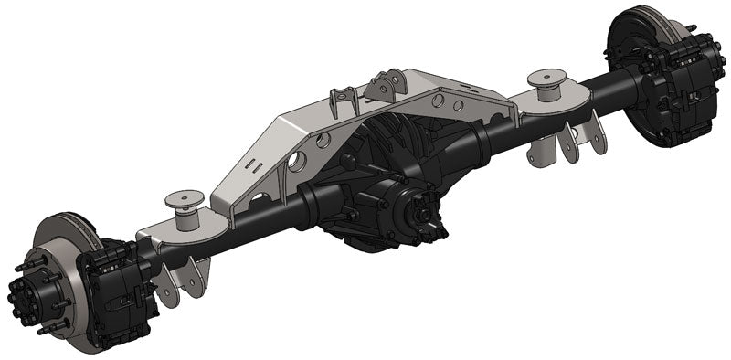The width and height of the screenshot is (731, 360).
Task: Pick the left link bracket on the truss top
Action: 343,100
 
